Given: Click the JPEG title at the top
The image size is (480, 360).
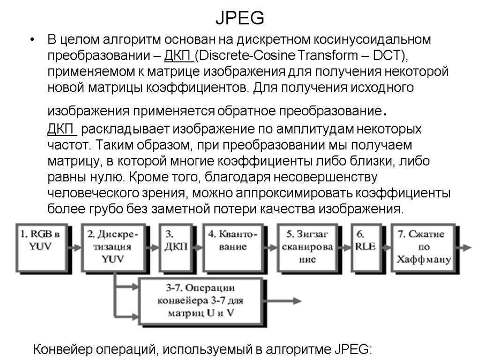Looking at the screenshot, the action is pyautogui.click(x=240, y=18).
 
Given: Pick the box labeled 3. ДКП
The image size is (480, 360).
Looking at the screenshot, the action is pyautogui.click(x=175, y=241).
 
